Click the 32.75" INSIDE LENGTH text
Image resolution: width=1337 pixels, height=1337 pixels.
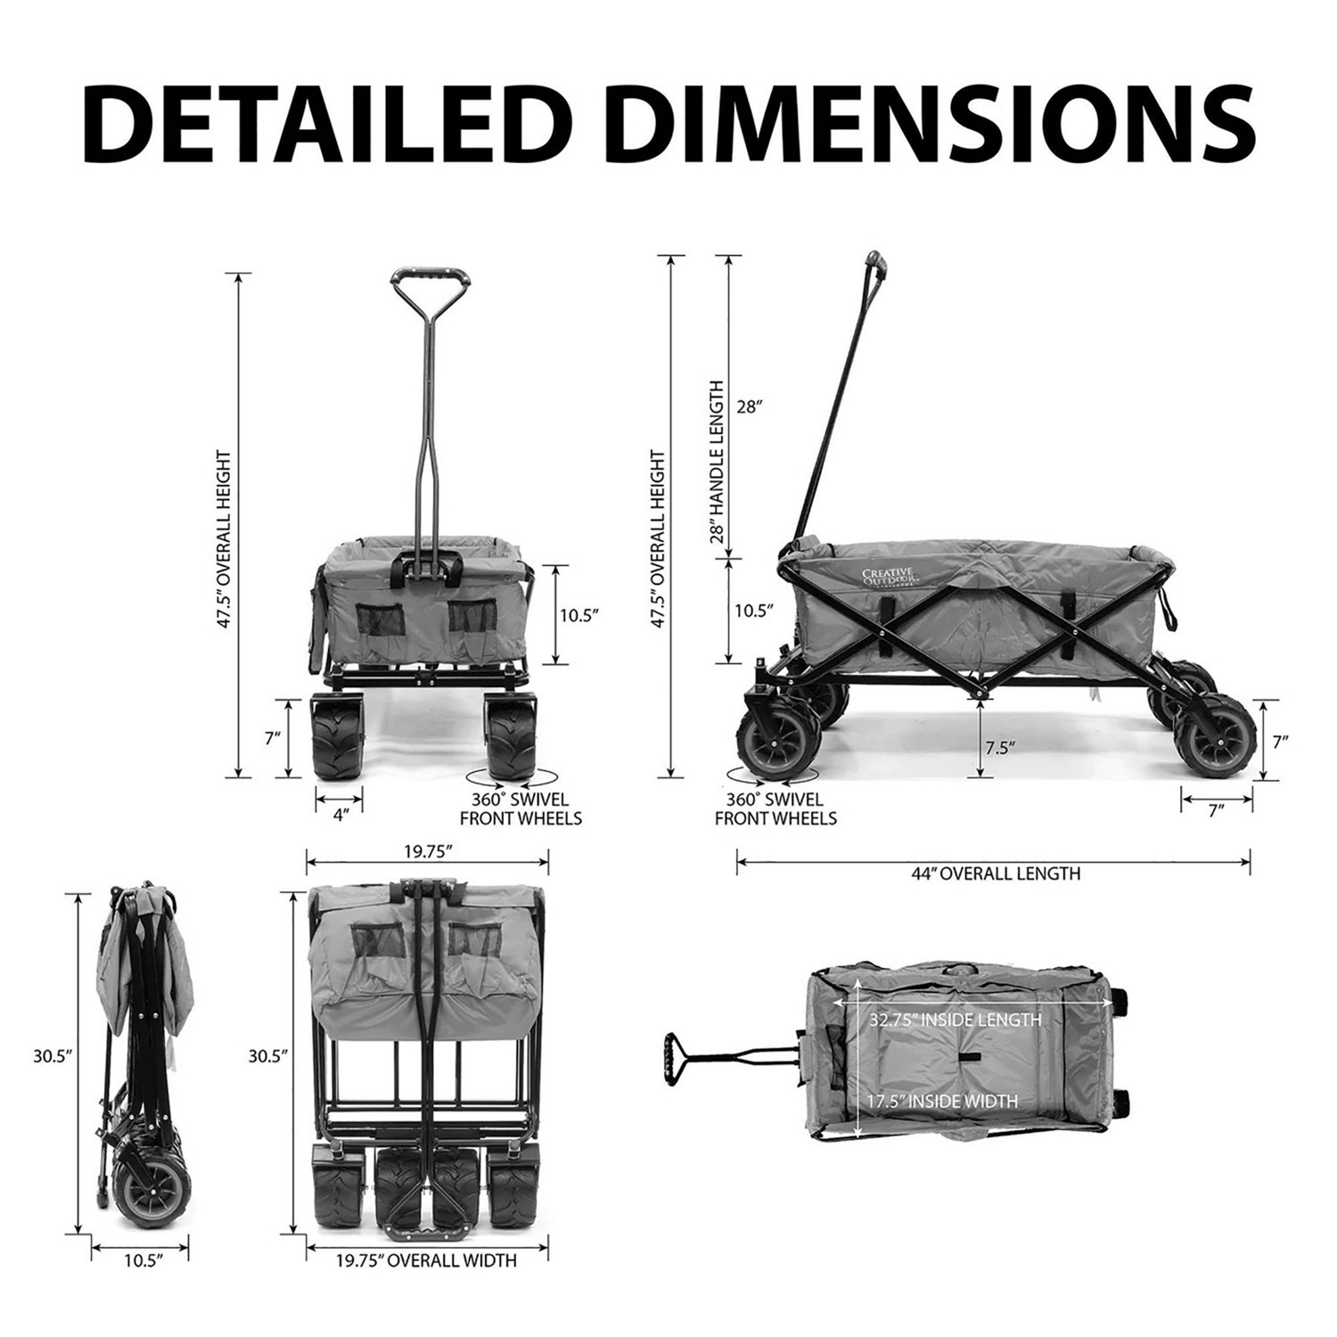[x=955, y=1019]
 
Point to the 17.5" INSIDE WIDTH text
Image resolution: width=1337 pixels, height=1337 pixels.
[x=942, y=1102]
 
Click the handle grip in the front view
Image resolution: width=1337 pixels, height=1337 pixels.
[x=428, y=277]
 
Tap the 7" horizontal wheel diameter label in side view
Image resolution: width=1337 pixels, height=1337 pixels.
[x=1217, y=808]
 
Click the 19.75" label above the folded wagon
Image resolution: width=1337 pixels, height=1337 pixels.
[x=426, y=850]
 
